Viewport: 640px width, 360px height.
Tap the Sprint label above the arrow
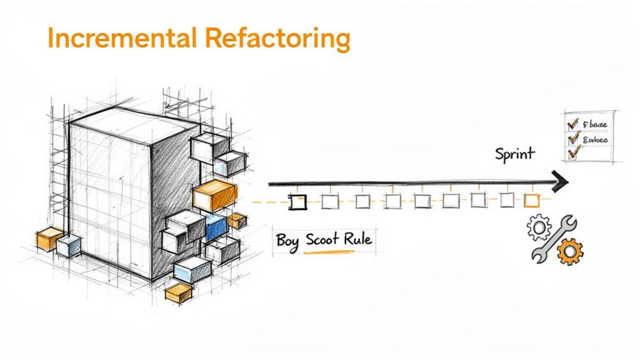[514, 154]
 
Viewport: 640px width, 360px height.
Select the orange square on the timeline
[531, 200]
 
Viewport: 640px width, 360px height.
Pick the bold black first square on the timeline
[298, 202]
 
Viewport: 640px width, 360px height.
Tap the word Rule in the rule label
[359, 240]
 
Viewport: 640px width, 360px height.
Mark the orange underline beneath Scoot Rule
[329, 252]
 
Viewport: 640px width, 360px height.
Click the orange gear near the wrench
[569, 251]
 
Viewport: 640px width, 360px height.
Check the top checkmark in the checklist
[571, 123]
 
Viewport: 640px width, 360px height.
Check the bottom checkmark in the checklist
[571, 152]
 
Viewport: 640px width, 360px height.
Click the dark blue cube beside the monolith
[216, 227]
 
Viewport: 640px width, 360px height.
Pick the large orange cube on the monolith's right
[214, 196]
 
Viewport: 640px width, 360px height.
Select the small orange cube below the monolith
[179, 292]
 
